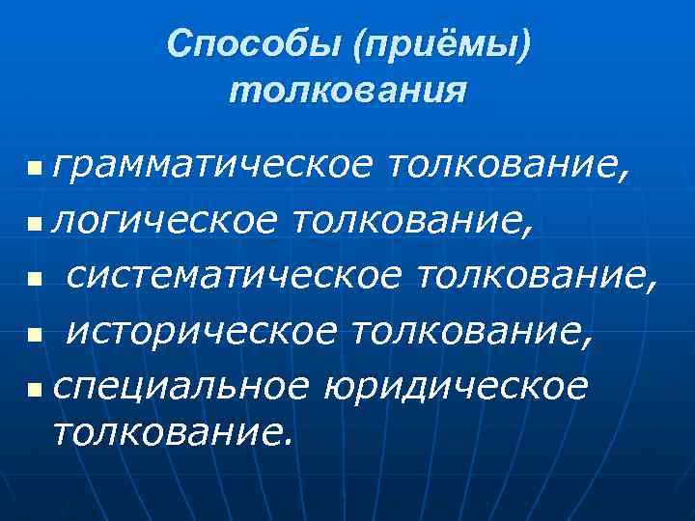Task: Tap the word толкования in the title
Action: [x=348, y=91]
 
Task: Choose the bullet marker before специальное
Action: [x=36, y=390]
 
